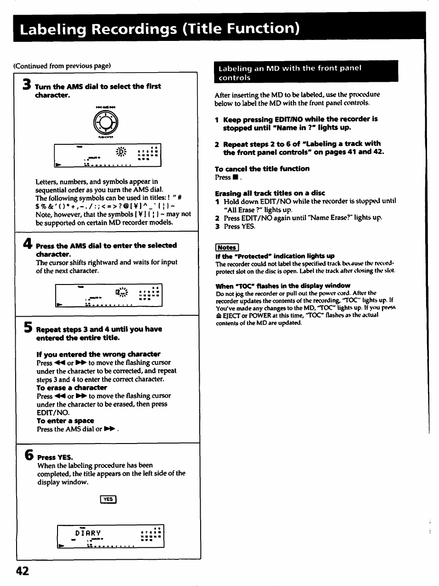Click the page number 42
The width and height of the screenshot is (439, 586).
tap(22, 570)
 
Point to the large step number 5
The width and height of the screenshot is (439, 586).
tap(28, 328)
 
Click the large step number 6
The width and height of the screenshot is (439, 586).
tap(29, 455)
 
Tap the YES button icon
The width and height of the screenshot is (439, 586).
tap(108, 499)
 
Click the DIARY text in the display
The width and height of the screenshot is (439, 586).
tap(88, 533)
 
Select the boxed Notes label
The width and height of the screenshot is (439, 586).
tap(226, 247)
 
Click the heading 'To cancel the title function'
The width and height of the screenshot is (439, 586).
tap(262, 169)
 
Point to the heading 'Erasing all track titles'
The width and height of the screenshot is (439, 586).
tap(270, 193)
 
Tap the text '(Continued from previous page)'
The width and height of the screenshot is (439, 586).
tap(62, 66)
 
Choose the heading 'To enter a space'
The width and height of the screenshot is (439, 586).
tap(65, 421)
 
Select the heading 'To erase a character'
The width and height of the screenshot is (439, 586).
tap(72, 387)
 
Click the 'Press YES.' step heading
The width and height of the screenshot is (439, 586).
tap(55, 457)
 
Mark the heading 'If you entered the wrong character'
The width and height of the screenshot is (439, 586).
tap(98, 354)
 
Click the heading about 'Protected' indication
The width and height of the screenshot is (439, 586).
tap(275, 256)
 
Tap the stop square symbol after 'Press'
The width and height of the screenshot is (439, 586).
tap(235, 177)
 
